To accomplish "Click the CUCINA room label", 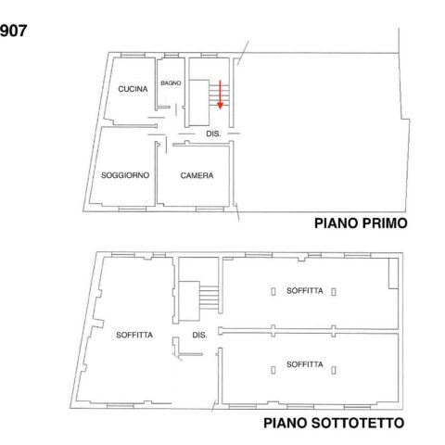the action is pos(133,89).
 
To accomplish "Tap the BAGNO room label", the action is pos(171,83).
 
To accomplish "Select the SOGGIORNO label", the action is pos(125,175).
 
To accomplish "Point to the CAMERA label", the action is pos(197,175).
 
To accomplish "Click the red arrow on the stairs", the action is pos(220,95).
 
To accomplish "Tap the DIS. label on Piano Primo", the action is pos(213,133).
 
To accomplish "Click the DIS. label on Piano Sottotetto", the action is pos(199,335).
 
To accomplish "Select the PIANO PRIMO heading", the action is pos(361,223).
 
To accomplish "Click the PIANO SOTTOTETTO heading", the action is pos(334,423).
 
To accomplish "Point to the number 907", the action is pos(13,31).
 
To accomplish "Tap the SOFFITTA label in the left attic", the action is pos(134,335).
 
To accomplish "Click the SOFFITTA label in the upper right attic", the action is pos(305,291).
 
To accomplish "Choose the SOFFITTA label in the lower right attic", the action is pos(305,364).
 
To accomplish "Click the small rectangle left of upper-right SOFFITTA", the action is pos(273,291).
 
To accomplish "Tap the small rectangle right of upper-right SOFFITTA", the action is pos(334,291).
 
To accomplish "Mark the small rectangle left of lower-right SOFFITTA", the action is pos(273,370).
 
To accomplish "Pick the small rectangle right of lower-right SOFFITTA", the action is pos(334,370).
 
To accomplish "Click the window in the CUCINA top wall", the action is pos(133,56).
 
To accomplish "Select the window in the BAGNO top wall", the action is pos(172,56).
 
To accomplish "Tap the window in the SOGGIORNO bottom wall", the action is pos(133,210).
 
